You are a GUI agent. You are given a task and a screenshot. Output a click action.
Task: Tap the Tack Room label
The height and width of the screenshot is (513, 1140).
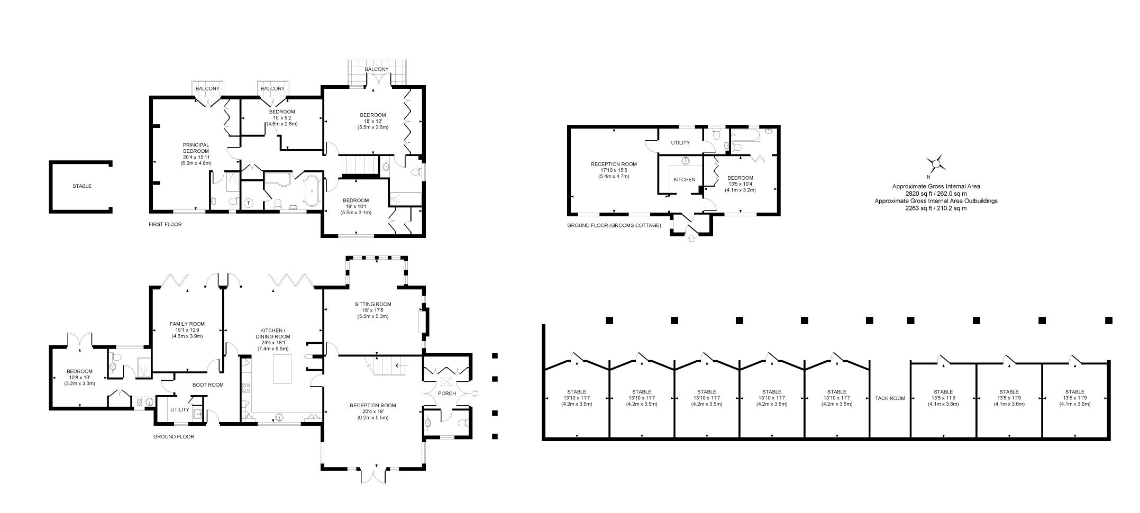890,398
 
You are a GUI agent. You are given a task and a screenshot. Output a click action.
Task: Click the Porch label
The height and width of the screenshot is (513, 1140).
447,393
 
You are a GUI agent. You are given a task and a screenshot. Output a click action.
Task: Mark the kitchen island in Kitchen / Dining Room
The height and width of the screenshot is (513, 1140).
281,369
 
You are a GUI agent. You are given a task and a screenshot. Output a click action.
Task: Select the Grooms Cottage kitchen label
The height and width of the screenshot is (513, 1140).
684,179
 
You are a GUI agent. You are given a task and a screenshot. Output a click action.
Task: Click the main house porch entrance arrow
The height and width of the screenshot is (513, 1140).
474,393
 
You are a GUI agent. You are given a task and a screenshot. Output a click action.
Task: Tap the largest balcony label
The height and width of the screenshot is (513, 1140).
377,69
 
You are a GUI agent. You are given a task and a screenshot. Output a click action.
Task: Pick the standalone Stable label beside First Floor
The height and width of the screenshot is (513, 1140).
82,186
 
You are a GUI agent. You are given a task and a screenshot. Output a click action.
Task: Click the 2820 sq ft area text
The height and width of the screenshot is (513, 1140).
936,194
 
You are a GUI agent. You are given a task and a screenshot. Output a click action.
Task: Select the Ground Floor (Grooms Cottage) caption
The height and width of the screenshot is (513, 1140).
614,225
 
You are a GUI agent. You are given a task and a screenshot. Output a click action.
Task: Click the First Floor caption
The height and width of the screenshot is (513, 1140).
165,224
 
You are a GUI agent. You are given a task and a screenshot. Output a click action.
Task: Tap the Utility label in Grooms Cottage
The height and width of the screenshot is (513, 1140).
680,143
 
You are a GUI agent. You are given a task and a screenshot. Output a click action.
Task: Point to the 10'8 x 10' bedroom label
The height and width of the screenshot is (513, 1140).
79,378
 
